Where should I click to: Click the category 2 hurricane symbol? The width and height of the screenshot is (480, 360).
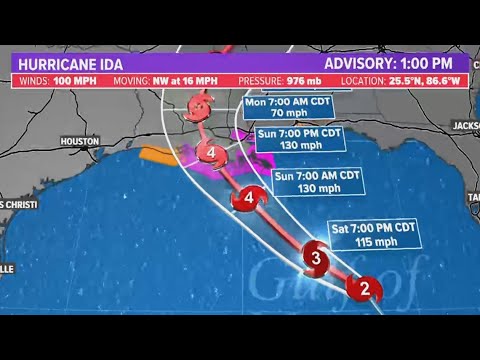click(x=364, y=289)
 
